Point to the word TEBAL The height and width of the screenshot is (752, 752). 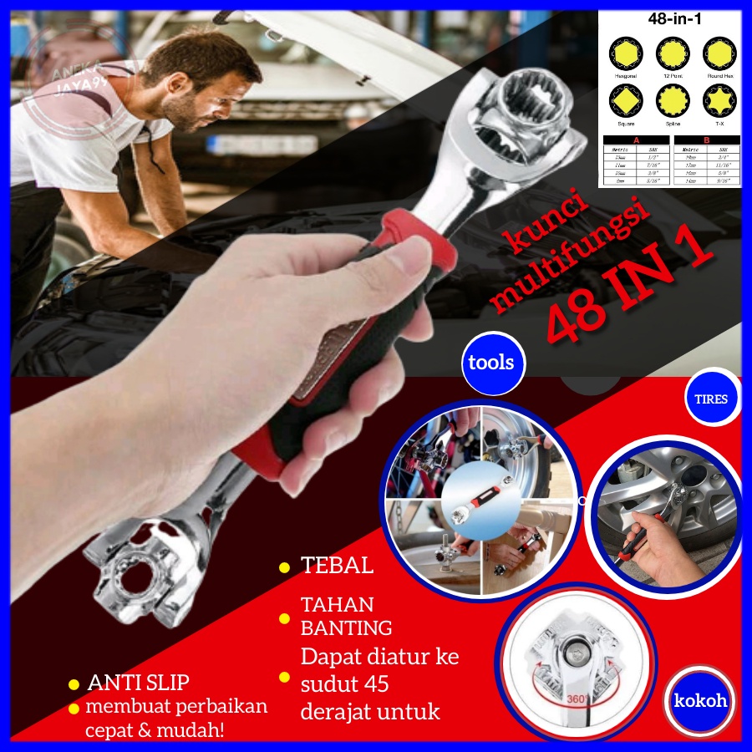(x=338, y=565)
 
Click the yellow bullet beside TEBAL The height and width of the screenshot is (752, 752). (x=284, y=567)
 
